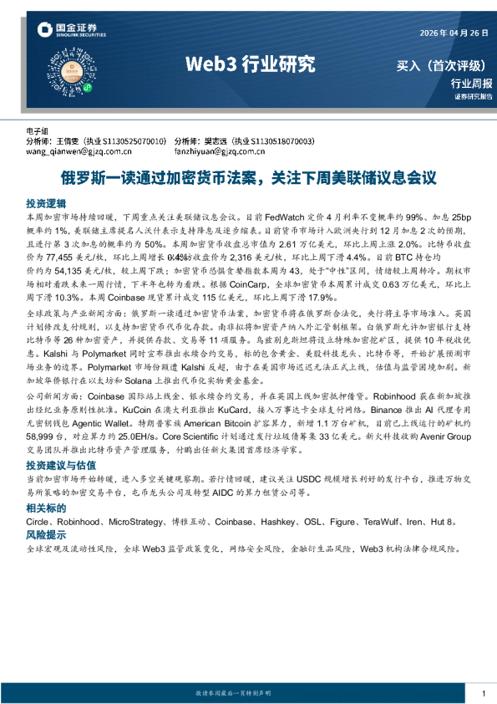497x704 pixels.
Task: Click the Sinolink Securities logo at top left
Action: pos(70,31)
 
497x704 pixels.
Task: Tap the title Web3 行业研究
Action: pos(250,63)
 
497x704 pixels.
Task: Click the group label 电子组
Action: pos(38,132)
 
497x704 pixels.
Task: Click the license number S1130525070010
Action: pos(137,141)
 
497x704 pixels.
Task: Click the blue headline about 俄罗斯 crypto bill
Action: pos(248,177)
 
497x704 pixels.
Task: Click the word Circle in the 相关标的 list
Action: pos(39,521)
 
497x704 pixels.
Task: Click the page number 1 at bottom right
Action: pos(484,693)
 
